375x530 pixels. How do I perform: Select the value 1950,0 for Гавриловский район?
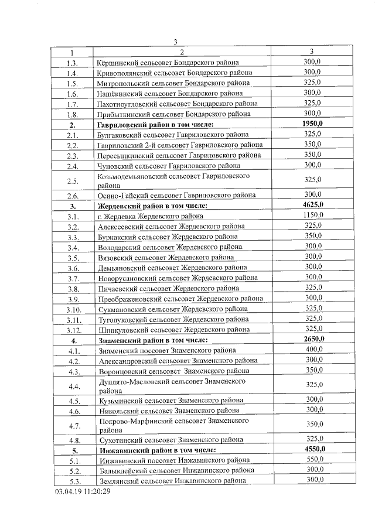313,124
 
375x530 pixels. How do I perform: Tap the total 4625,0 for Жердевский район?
313,205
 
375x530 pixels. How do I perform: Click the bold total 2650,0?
313,339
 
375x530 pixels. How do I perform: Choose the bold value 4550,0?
313,449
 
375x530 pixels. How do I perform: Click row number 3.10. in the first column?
73,309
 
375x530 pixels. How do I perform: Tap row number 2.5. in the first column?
73,180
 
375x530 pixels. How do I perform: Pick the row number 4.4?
73,386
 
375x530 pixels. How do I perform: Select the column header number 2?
182,52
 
